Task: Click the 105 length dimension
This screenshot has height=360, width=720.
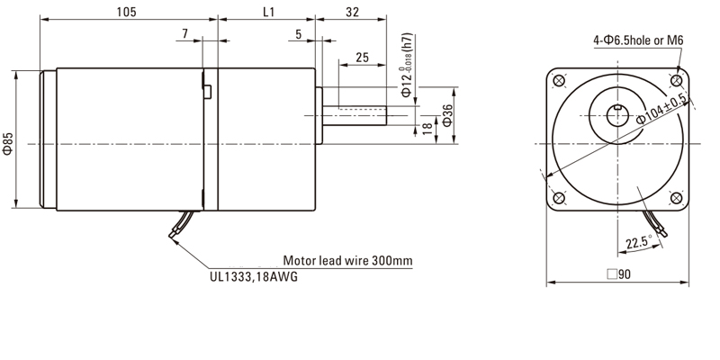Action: pos(125,12)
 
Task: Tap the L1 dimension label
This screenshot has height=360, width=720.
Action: pos(268,12)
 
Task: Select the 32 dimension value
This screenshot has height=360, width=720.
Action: pos(352,12)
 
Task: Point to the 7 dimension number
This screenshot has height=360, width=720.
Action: pos(184,33)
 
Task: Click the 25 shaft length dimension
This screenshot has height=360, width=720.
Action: pos(363,57)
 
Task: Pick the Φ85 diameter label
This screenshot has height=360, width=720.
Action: pos(8,143)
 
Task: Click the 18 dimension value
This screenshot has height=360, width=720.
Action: pos(427,130)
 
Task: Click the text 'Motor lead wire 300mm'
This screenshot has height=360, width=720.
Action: pos(347,261)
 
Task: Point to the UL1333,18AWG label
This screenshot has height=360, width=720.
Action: pos(247,277)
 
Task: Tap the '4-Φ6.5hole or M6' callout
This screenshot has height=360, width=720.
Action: pos(638,40)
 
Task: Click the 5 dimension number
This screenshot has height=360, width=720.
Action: pos(298,33)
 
